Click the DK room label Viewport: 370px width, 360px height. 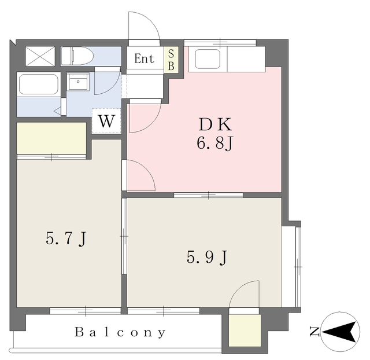coord(215,124)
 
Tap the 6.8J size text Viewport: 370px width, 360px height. coord(215,143)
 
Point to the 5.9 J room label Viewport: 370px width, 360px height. coord(206,257)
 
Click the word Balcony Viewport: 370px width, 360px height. coord(120,333)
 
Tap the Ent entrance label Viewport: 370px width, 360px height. coord(145,58)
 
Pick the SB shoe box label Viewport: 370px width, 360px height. coord(171,60)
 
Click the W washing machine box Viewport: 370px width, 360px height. coord(106,122)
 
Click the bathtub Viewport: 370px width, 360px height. coord(38,85)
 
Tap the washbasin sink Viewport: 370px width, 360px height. coord(77,82)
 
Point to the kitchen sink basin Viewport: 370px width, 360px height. coord(211,58)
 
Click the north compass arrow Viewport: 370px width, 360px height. coord(341,332)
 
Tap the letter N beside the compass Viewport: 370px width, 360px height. coord(314,332)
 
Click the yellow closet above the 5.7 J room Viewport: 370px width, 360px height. coord(51,138)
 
